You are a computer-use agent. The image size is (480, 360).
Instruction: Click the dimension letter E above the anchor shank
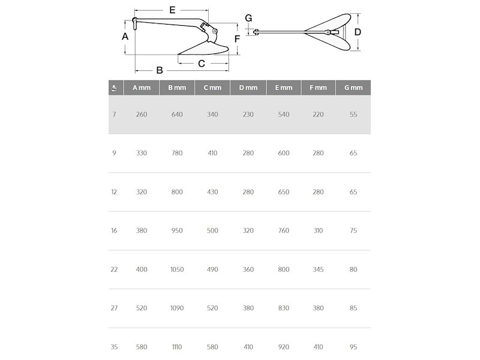tap(172, 10)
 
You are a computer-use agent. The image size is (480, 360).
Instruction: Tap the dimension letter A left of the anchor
tap(125, 37)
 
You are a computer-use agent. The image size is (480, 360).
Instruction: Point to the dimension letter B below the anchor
tap(159, 70)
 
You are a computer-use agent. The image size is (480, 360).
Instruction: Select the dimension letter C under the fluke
tap(201, 64)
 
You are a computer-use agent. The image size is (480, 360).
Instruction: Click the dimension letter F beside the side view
tap(237, 39)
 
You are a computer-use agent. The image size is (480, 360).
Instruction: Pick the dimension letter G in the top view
tap(248, 18)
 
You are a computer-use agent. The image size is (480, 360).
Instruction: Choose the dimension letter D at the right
tap(358, 32)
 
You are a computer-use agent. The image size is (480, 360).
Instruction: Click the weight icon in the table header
tap(114, 88)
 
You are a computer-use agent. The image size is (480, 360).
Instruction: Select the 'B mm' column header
tap(177, 88)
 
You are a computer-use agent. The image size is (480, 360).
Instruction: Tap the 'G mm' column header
tap(353, 88)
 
